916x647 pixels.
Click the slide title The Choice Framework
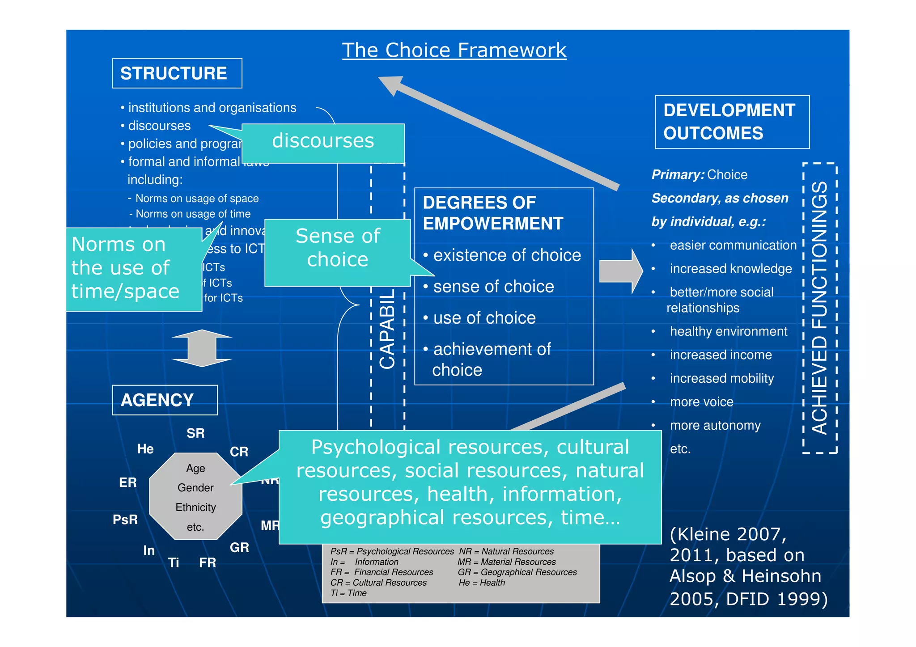pyautogui.click(x=454, y=50)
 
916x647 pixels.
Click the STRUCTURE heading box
pyautogui.click(x=177, y=73)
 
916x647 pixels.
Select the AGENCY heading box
pyautogui.click(x=165, y=400)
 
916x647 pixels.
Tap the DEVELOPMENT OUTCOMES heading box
pyautogui.click(x=732, y=122)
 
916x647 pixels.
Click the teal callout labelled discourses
pyautogui.click(x=323, y=142)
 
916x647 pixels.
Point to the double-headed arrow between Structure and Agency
pyautogui.click(x=202, y=348)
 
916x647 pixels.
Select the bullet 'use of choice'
pyautogui.click(x=484, y=318)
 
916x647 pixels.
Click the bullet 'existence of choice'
pyautogui.click(x=507, y=255)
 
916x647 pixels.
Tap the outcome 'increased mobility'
pyautogui.click(x=721, y=378)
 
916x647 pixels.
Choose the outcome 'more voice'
pyautogui.click(x=701, y=402)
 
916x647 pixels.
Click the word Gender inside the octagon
pyautogui.click(x=195, y=488)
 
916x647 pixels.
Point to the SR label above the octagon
pyautogui.click(x=195, y=433)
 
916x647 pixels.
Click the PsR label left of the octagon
pyautogui.click(x=125, y=520)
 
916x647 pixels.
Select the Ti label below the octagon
pyautogui.click(x=174, y=562)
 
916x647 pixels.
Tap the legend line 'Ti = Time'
pyautogui.click(x=348, y=593)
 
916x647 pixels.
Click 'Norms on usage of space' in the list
pyautogui.click(x=197, y=199)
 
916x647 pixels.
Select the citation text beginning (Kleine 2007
pyautogui.click(x=748, y=566)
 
